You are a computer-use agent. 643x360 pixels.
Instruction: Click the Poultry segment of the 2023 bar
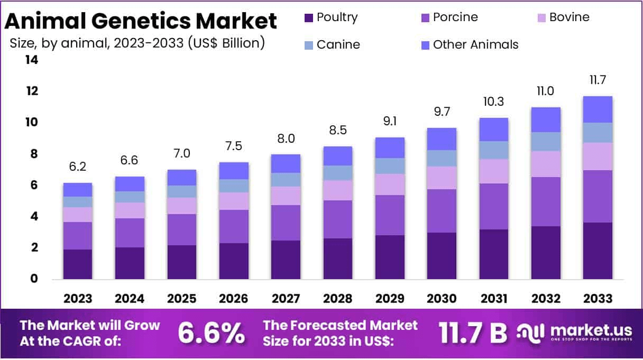pyautogui.click(x=78, y=264)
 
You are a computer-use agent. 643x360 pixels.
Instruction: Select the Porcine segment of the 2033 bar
pyautogui.click(x=598, y=196)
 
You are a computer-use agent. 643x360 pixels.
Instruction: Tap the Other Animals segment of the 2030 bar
pyautogui.click(x=442, y=139)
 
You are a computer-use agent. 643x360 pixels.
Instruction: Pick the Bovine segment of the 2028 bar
pyautogui.click(x=337, y=190)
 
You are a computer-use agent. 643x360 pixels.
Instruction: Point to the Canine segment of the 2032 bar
pyautogui.click(x=546, y=142)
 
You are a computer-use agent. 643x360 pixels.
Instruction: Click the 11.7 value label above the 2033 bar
pyautogui.click(x=598, y=80)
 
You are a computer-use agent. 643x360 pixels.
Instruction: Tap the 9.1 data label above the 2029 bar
pyautogui.click(x=390, y=122)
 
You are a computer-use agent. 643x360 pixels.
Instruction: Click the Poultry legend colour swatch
pyautogui.click(x=309, y=18)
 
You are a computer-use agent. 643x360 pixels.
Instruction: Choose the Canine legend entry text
pyautogui.click(x=338, y=45)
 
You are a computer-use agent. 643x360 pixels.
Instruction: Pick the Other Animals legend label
pyautogui.click(x=475, y=45)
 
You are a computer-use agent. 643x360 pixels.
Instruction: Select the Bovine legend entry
pyautogui.click(x=569, y=17)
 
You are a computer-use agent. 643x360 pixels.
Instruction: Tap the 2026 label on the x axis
pyautogui.click(x=234, y=299)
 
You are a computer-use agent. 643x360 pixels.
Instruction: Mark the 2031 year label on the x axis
pyautogui.click(x=494, y=299)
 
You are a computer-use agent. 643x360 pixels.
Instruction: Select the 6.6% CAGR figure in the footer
pyautogui.click(x=211, y=333)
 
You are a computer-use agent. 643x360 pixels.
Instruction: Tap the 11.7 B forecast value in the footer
pyautogui.click(x=472, y=333)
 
